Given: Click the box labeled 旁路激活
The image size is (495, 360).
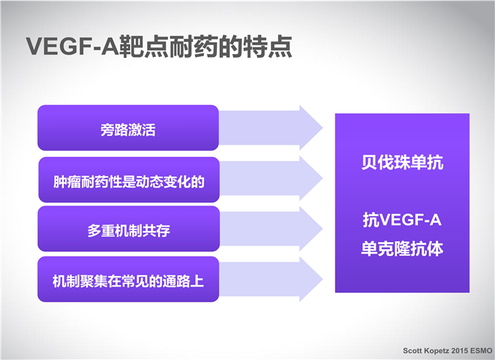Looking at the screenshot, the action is [x=128, y=127].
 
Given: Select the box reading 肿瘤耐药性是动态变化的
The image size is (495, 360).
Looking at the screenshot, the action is [x=129, y=180].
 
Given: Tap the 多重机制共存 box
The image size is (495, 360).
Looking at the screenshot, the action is [x=128, y=229].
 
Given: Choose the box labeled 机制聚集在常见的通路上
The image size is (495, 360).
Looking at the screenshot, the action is [x=128, y=279].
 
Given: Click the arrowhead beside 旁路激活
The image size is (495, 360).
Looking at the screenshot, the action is [x=310, y=128].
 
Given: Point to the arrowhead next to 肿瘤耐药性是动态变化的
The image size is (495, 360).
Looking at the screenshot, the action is [x=310, y=178].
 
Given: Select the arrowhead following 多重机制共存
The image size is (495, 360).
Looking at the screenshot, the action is [x=310, y=229].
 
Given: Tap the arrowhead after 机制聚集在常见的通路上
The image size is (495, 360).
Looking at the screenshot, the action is [x=310, y=279].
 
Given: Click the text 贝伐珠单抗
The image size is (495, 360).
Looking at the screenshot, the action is [x=402, y=163].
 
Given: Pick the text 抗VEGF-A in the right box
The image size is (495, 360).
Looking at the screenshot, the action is [x=402, y=220].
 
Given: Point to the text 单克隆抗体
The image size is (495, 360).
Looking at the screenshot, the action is [x=402, y=248].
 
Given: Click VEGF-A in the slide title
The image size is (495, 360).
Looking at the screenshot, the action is [x=73, y=46].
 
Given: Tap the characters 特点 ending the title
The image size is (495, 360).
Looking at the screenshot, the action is [x=268, y=46].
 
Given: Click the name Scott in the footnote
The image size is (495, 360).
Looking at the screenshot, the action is [x=412, y=350].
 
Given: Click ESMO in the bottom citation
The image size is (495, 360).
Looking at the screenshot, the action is [x=481, y=350].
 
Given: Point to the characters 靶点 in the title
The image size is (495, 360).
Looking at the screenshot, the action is [x=144, y=46].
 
